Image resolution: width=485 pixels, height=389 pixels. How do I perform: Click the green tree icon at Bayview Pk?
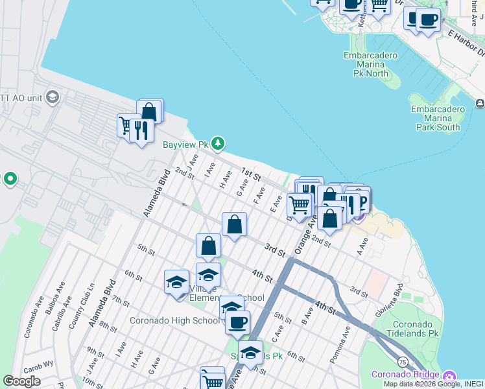(219, 142)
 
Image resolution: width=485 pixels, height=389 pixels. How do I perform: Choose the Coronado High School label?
(174, 320)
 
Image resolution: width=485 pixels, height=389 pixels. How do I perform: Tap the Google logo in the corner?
(21, 381)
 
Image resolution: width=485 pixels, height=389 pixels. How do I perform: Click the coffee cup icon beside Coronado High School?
(237, 322)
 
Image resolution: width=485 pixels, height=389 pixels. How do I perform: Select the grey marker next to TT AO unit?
(52, 97)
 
